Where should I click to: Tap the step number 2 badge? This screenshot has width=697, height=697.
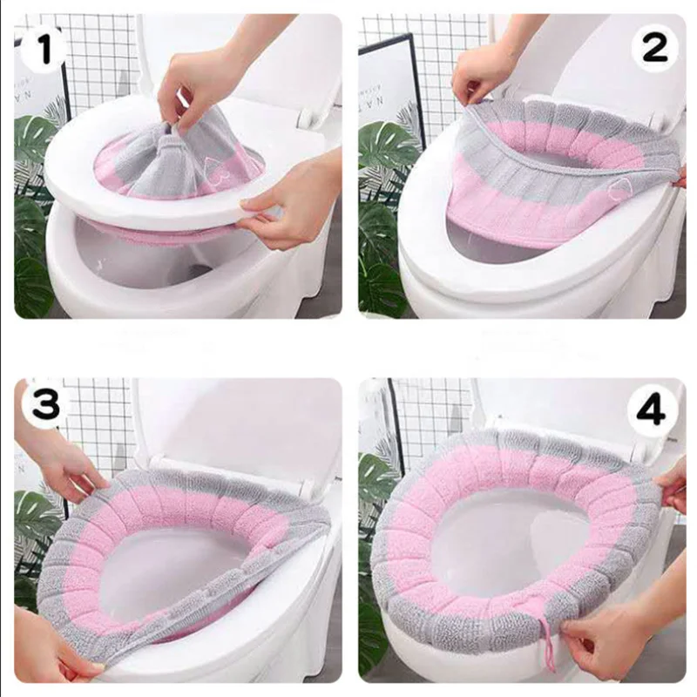pyautogui.click(x=654, y=51)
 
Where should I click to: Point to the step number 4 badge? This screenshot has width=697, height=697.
pyautogui.click(x=651, y=408)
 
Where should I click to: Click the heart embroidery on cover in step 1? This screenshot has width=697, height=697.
pyautogui.click(x=207, y=165)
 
